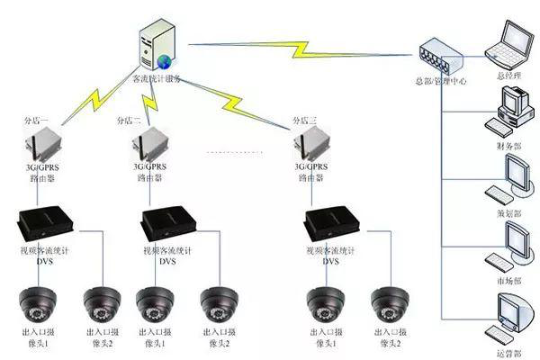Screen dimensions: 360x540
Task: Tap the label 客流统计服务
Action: [157, 79]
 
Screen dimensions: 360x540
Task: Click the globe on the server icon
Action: [166, 61]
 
